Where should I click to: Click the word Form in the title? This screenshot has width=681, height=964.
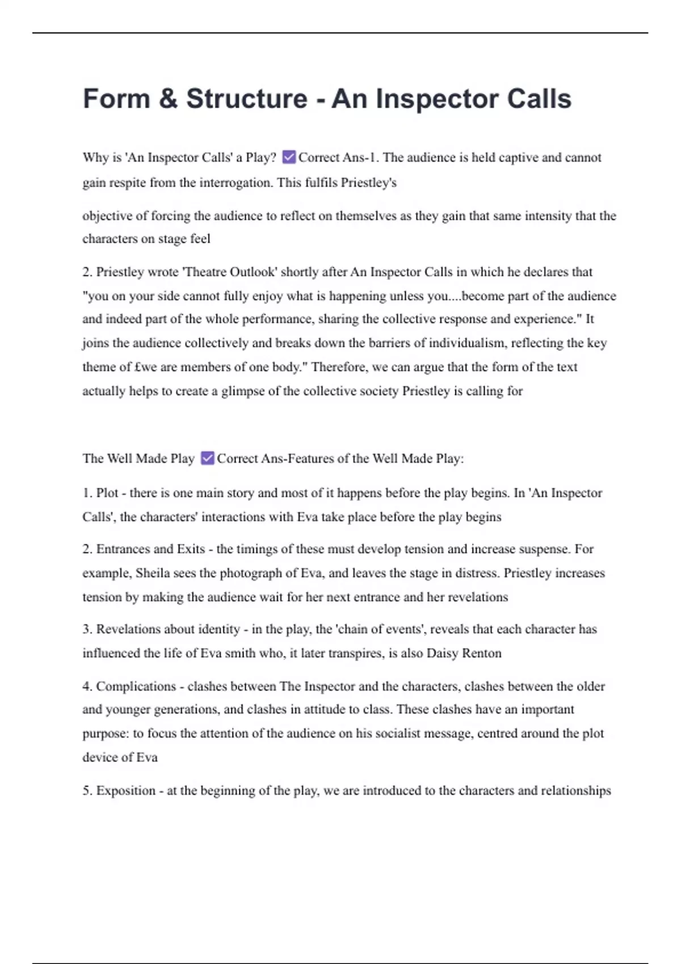coord(116,99)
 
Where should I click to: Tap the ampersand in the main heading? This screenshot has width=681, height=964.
coord(169,99)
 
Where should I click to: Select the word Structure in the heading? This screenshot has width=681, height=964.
coord(246,99)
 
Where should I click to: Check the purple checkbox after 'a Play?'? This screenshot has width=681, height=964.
coord(289,157)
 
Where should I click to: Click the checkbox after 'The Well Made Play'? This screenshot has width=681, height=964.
coord(208,458)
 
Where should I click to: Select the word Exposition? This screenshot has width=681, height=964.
coord(125,790)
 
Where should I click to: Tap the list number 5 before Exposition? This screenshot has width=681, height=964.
coord(86,790)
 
